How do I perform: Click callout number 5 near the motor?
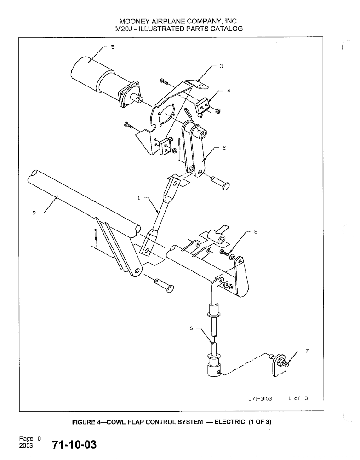click(x=113, y=47)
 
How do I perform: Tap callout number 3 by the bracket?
click(x=221, y=66)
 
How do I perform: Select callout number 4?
click(x=229, y=91)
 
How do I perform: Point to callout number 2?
click(x=224, y=148)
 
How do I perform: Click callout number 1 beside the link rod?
click(x=139, y=198)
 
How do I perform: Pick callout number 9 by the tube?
click(x=34, y=213)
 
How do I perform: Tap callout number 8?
click(x=256, y=232)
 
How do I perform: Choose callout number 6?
click(x=191, y=328)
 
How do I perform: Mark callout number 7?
click(x=307, y=351)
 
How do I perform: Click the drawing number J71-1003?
click(x=260, y=398)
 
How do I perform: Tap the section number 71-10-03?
click(x=74, y=444)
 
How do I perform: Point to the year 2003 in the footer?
click(x=26, y=446)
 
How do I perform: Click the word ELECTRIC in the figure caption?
click(x=229, y=422)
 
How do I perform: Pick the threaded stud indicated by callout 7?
click(x=284, y=363)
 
